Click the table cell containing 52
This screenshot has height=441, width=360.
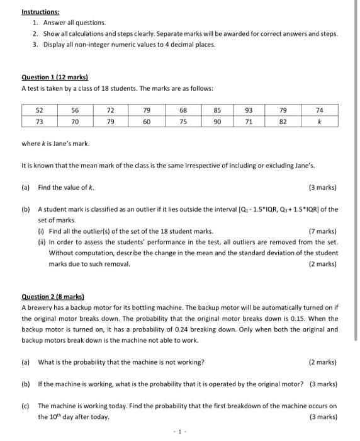(x=39, y=110)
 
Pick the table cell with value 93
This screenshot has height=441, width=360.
(x=249, y=110)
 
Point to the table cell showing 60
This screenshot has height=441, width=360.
(x=146, y=121)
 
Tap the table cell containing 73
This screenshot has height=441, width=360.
(x=39, y=121)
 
